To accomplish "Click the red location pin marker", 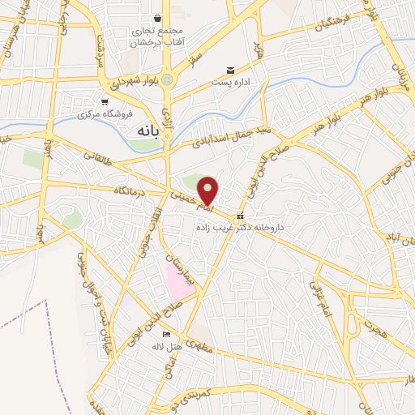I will click(x=208, y=190).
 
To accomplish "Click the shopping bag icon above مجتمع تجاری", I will click(x=157, y=18).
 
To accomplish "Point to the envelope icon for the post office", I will click(x=231, y=71).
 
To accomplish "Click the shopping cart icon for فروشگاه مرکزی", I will click(x=105, y=101).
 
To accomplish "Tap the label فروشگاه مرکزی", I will click(x=105, y=114).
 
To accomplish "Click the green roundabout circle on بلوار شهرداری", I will click(x=168, y=79).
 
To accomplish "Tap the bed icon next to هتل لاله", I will click(x=167, y=334).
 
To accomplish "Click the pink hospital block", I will click(x=179, y=280).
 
